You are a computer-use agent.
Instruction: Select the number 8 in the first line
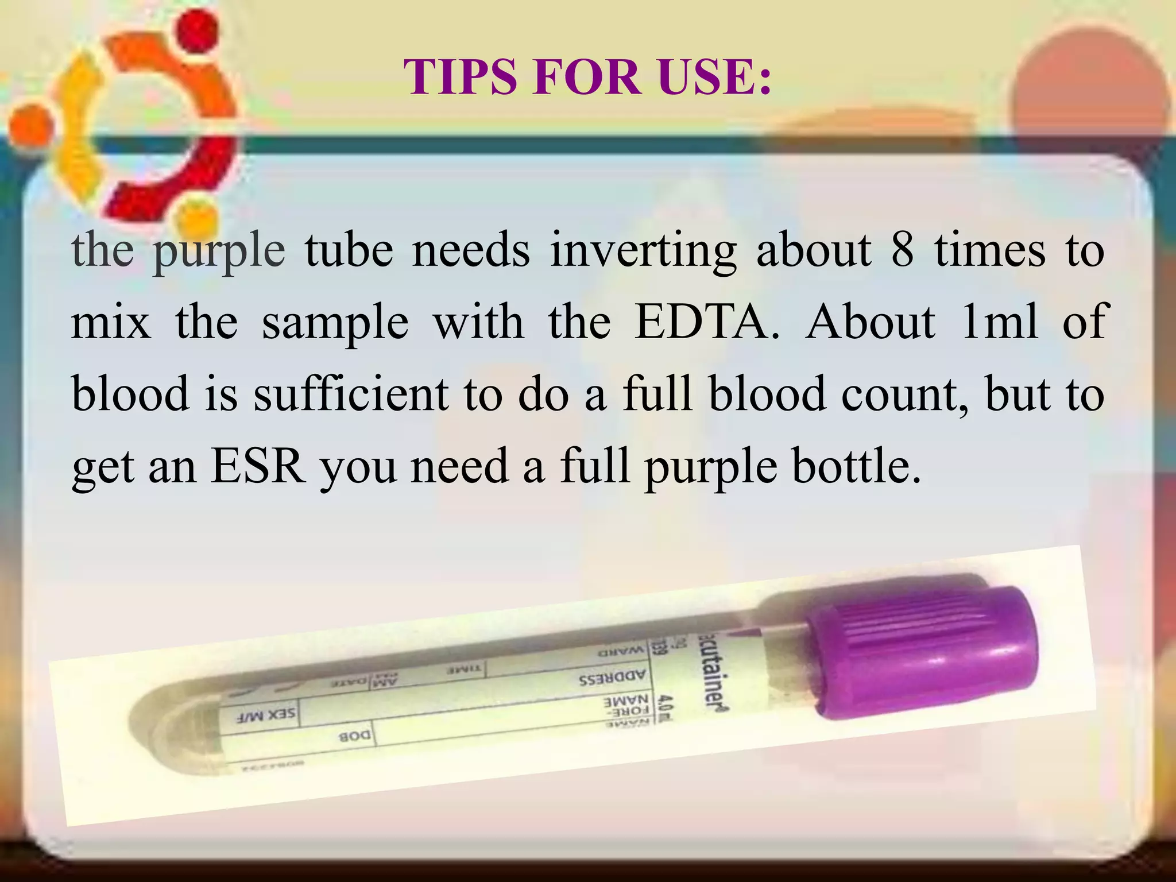902,251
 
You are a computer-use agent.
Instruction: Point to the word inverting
643,251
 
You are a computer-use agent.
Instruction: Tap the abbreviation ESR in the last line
258,466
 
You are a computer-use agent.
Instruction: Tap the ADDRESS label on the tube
612,678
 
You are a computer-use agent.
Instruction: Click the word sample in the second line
335,322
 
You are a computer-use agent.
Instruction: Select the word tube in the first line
349,251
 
